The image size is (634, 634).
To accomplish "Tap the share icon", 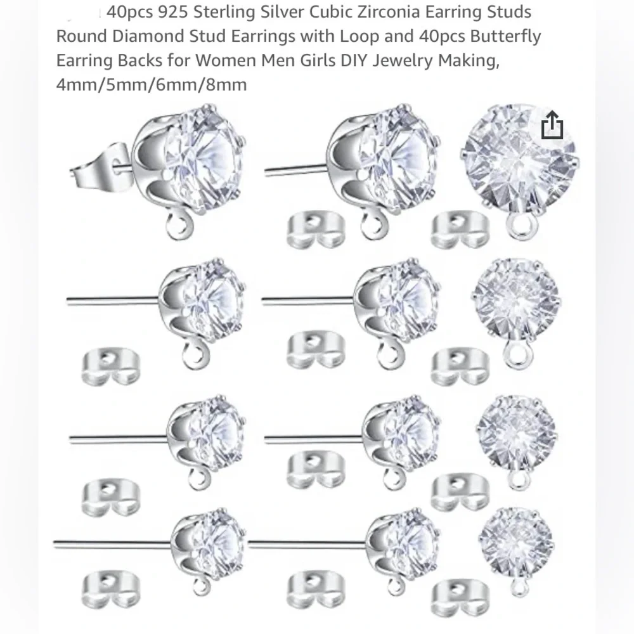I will (x=552, y=125).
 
